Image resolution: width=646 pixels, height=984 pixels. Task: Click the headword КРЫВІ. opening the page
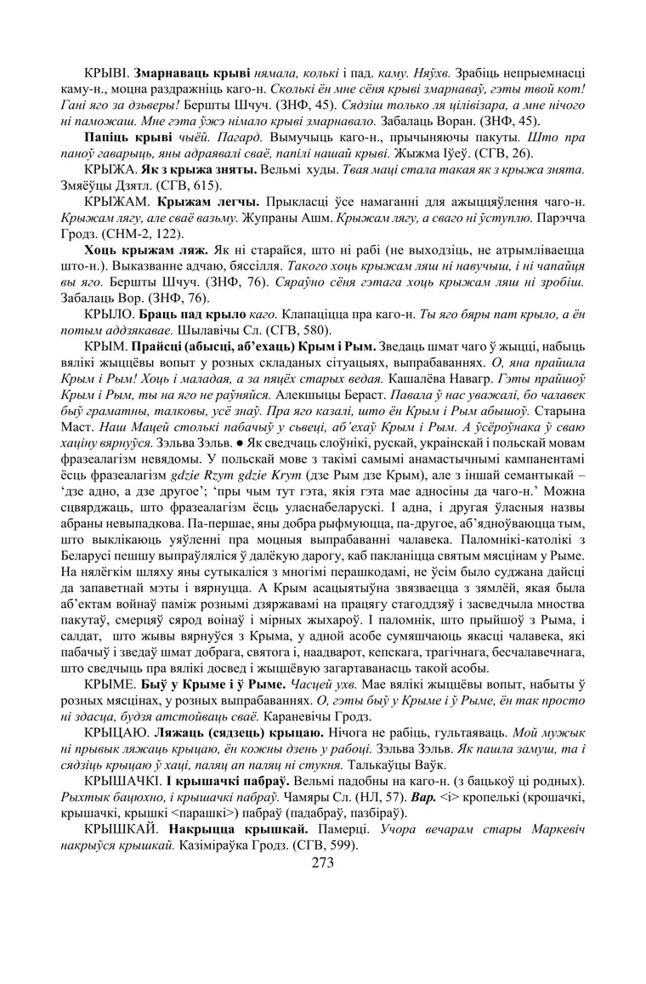[109, 74]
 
